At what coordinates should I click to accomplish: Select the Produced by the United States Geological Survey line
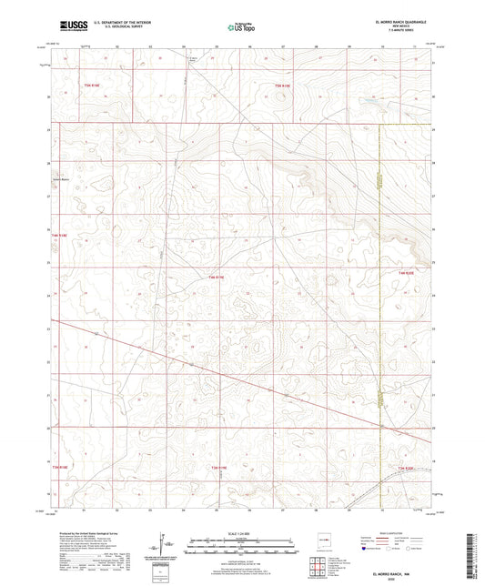pos(91,533)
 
